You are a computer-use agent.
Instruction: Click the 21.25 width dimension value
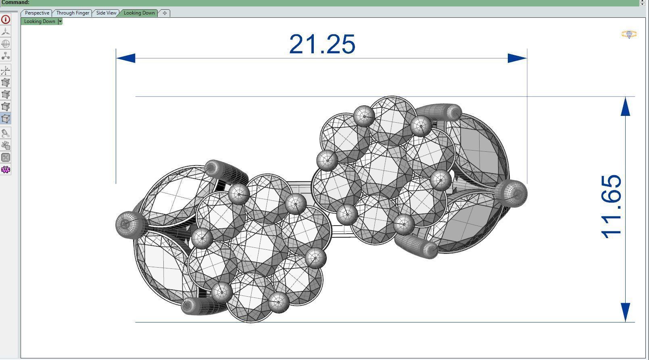(322, 44)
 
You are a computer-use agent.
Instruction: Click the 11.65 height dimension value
(611, 206)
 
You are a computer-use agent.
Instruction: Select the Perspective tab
(37, 13)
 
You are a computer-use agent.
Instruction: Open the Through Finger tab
(73, 13)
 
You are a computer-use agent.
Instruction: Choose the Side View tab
(106, 13)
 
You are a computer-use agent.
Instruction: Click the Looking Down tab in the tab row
(139, 13)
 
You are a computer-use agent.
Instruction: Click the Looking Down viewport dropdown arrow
(60, 21)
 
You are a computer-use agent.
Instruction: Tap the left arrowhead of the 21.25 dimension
(125, 58)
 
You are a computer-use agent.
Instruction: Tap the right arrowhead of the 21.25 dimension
(517, 58)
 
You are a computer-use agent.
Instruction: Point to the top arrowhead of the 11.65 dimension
(625, 107)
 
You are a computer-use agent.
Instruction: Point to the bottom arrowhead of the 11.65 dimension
(625, 312)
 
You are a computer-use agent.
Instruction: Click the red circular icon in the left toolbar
(6, 19)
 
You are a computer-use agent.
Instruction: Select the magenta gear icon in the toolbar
(6, 170)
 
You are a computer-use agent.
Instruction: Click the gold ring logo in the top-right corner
(629, 34)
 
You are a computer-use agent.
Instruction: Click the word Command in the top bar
(15, 2)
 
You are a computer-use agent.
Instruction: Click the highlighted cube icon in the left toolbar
(6, 119)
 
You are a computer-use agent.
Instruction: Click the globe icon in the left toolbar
(6, 44)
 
